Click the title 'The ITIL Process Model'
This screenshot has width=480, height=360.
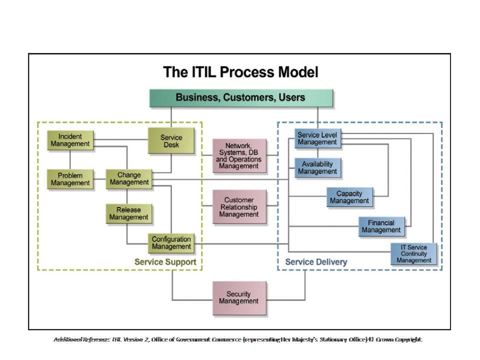[x=240, y=72]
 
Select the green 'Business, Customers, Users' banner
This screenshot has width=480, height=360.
[x=241, y=97]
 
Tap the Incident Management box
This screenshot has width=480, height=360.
[x=70, y=140]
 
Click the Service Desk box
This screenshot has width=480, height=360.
[x=171, y=140]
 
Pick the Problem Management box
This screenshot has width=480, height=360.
[x=70, y=179]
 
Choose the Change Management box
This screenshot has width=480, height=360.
[x=129, y=179]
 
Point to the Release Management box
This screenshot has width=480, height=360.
[x=128, y=213]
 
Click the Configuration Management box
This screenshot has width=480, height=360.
[x=171, y=243]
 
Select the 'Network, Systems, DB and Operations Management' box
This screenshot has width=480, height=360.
[x=238, y=156]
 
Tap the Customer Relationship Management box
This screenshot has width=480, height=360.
[x=238, y=207]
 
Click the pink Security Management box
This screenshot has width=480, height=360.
[x=238, y=298]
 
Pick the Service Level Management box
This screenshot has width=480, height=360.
[x=317, y=138]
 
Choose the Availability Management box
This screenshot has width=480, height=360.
[x=317, y=168]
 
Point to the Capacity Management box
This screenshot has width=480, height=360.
[x=349, y=197]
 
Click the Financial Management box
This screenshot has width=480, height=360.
[x=381, y=226]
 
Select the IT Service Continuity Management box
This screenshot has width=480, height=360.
[x=414, y=253]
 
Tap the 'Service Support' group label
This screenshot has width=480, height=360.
[x=165, y=262]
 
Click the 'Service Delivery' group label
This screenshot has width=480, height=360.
[x=316, y=262]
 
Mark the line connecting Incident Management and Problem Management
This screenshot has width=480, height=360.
[x=70, y=159]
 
